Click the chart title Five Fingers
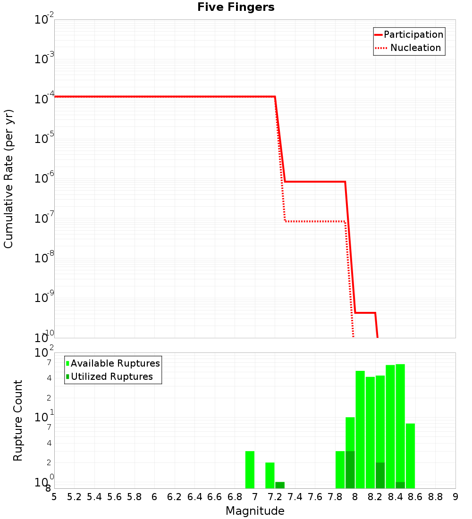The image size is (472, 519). pyautogui.click(x=236, y=7)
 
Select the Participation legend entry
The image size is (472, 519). pyautogui.click(x=413, y=34)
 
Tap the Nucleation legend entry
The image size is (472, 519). pyautogui.click(x=415, y=48)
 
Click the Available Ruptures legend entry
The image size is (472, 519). pyautogui.click(x=115, y=363)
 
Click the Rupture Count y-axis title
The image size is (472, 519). pyautogui.click(x=18, y=420)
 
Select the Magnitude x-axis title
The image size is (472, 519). pyautogui.click(x=255, y=511)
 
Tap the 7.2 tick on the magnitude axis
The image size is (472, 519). pyautogui.click(x=275, y=497)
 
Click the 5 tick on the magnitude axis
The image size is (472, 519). pyautogui.click(x=54, y=497)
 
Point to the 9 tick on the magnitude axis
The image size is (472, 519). pyautogui.click(x=455, y=497)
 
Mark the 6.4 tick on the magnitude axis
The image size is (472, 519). pyautogui.click(x=194, y=497)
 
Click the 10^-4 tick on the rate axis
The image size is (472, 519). pyautogui.click(x=44, y=99)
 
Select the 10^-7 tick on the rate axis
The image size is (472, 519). pyautogui.click(x=44, y=218)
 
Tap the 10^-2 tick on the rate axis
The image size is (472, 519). pyautogui.click(x=44, y=19)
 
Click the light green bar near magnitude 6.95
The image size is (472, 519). pyautogui.click(x=250, y=469)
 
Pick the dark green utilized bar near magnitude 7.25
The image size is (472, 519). pyautogui.click(x=280, y=485)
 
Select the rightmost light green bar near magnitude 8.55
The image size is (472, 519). pyautogui.click(x=410, y=456)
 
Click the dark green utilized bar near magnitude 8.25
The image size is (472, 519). pyautogui.click(x=380, y=475)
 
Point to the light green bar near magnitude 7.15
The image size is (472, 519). pyautogui.click(x=270, y=475)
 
